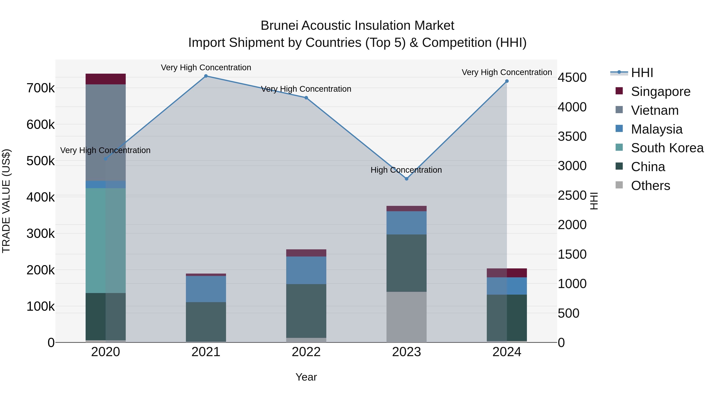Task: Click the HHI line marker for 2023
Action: coord(406,179)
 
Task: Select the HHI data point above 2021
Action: coord(206,76)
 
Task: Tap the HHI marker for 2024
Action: coord(507,81)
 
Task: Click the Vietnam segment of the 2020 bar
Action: coord(105,133)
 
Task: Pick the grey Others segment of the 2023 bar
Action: coord(406,317)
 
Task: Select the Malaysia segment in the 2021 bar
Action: coord(206,289)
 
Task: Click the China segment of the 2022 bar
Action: coord(306,311)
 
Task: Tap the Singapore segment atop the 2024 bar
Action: coord(507,273)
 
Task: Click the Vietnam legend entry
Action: coord(654,110)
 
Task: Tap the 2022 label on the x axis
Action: coord(306,352)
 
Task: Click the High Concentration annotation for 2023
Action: coord(406,170)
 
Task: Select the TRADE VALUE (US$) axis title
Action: coord(6,201)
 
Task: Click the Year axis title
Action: coord(306,377)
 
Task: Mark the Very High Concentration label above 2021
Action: coord(206,67)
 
